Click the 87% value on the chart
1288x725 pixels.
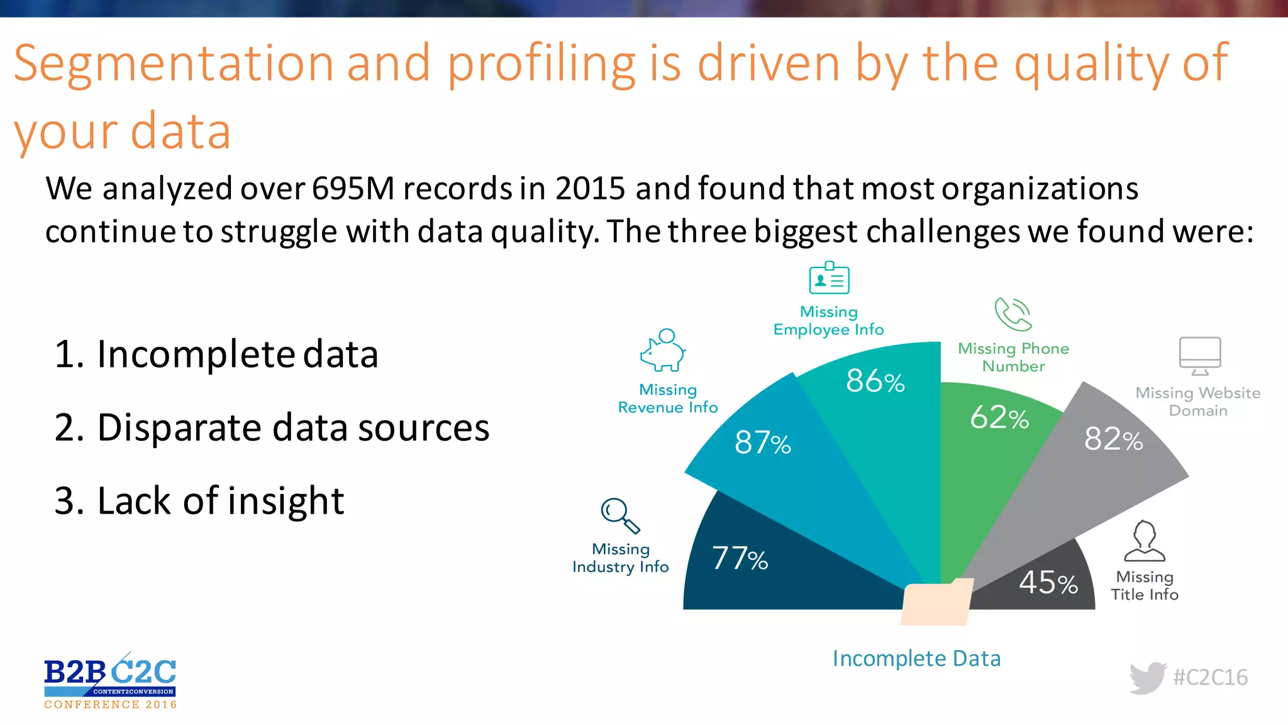click(762, 442)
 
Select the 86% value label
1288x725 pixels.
click(875, 381)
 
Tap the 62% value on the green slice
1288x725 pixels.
click(999, 418)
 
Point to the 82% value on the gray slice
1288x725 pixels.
click(1113, 439)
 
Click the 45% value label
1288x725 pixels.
click(1048, 583)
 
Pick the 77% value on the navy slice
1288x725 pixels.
click(740, 559)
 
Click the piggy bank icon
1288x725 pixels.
click(663, 351)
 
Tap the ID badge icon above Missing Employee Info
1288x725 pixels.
click(829, 279)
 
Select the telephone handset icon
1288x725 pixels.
click(1013, 315)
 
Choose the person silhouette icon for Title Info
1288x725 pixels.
click(1145, 541)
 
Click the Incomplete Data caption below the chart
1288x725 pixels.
click(916, 659)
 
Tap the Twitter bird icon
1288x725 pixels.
click(1148, 678)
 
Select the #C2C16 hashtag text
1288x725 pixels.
click(1210, 678)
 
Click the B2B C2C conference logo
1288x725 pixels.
click(110, 681)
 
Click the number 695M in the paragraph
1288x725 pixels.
click(353, 189)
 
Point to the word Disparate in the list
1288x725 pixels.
click(179, 428)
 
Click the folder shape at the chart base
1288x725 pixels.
click(936, 603)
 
